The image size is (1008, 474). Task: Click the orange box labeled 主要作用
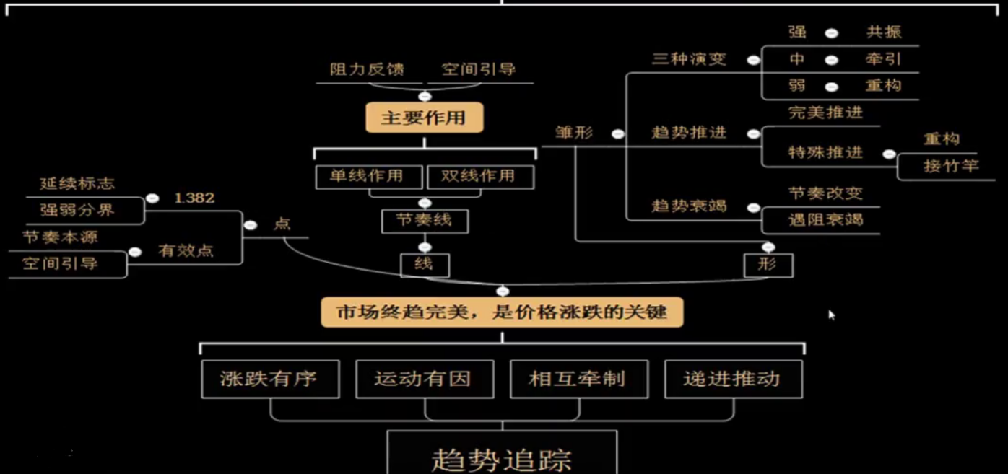pyautogui.click(x=423, y=118)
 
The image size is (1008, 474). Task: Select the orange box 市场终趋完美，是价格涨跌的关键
pyautogui.click(x=502, y=313)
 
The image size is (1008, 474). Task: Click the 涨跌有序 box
pyautogui.click(x=269, y=379)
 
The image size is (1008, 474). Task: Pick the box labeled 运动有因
pyautogui.click(x=424, y=379)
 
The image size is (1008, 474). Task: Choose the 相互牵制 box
pyautogui.click(x=578, y=379)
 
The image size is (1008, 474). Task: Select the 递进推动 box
pyautogui.click(x=732, y=379)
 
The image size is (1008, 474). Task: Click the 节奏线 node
pyautogui.click(x=425, y=221)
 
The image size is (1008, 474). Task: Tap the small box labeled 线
pyautogui.click(x=425, y=265)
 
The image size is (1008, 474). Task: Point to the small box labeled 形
pyautogui.click(x=768, y=265)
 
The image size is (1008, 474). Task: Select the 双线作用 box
pyautogui.click(x=479, y=176)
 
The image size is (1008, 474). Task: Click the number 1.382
pyautogui.click(x=194, y=198)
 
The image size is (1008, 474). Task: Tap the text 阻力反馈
pyautogui.click(x=367, y=70)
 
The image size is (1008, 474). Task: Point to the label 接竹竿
pyautogui.click(x=950, y=166)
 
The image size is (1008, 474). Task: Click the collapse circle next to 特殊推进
pyautogui.click(x=889, y=154)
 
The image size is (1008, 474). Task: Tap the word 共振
pyautogui.click(x=884, y=32)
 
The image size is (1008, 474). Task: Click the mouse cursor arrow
pyautogui.click(x=831, y=314)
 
